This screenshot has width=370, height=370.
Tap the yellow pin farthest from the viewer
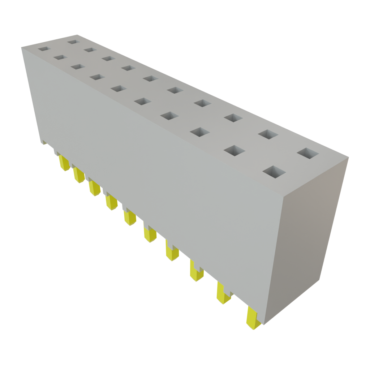65,163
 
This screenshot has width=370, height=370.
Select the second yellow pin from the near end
223,293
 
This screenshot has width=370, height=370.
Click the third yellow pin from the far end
94,188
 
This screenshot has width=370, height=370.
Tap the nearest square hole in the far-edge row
308,153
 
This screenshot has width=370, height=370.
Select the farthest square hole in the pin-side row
43,48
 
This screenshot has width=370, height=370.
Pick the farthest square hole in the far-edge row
73,42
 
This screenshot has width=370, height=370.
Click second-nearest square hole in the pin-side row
234,151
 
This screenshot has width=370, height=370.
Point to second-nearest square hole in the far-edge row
268,134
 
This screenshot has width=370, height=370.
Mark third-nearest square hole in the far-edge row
233,118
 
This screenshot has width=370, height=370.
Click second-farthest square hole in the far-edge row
90,50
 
